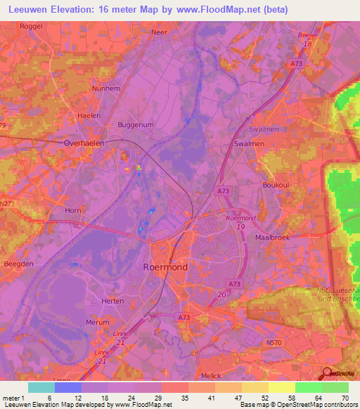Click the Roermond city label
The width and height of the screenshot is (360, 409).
click(165, 268)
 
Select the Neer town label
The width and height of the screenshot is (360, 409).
click(160, 32)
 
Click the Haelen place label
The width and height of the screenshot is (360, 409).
click(89, 115)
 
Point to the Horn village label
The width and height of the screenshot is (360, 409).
click(73, 210)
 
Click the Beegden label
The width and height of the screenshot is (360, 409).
click(20, 263)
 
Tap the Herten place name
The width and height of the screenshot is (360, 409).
click(112, 301)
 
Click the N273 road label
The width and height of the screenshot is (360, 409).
click(7, 204)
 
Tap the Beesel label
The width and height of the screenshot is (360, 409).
click(307, 34)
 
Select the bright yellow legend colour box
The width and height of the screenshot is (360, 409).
click(281, 387)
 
